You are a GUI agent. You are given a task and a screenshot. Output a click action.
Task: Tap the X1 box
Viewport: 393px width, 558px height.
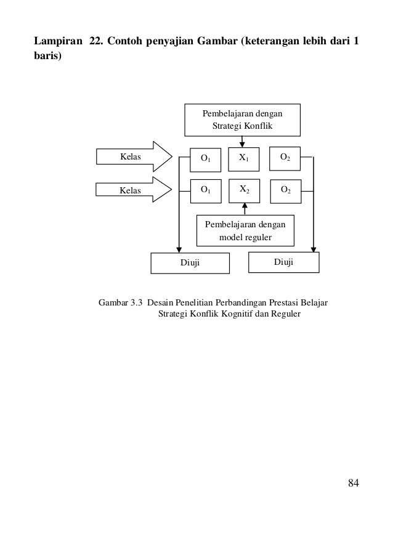244,158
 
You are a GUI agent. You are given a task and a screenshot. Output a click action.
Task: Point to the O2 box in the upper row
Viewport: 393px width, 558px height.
286,158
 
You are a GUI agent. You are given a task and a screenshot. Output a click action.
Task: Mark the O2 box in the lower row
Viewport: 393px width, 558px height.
286,190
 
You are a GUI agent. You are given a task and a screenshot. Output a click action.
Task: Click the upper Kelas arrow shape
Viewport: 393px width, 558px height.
133,158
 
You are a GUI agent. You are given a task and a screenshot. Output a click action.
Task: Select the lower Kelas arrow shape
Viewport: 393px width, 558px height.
133,190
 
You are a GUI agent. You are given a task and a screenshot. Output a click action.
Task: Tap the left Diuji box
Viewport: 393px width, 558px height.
190,263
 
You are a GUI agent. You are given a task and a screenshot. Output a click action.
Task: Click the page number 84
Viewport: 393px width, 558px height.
353,482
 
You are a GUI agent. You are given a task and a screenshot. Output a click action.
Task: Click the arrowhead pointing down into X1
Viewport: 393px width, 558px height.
242,145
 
